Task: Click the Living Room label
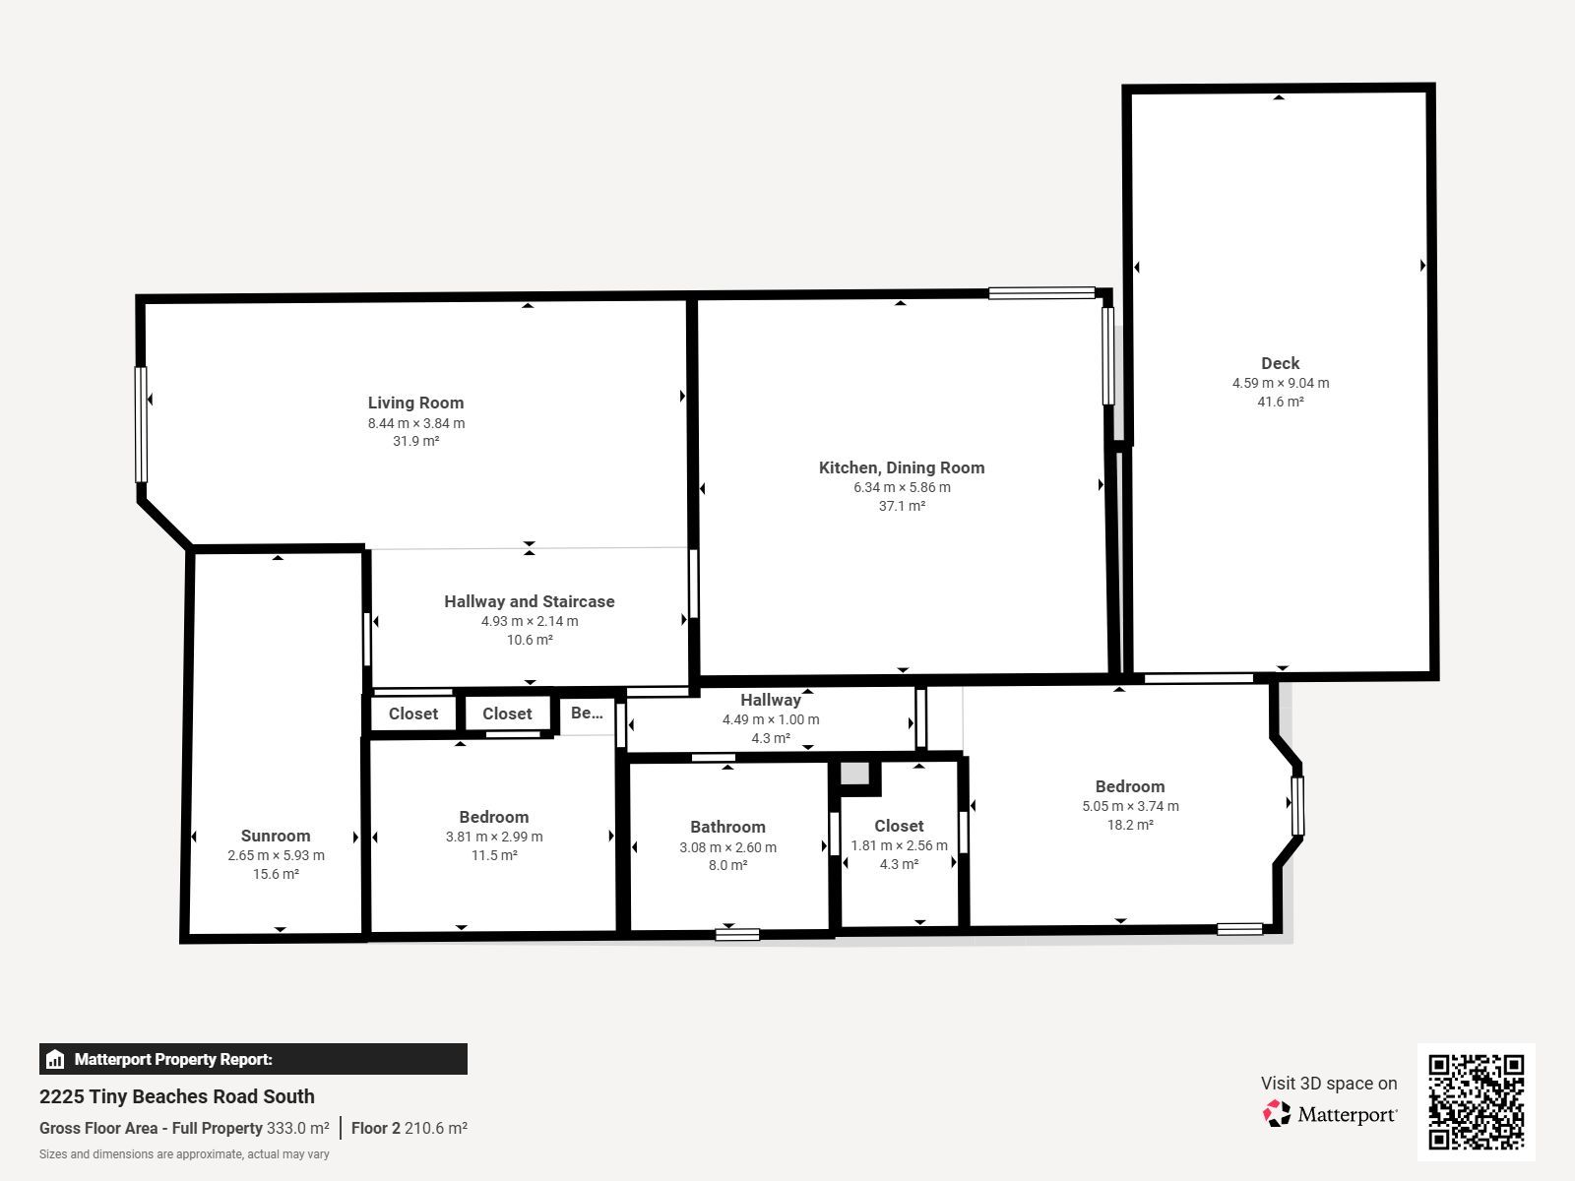[x=415, y=403]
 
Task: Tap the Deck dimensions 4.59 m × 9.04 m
[x=1280, y=383]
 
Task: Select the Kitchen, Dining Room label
[x=902, y=467]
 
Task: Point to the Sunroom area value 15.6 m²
[x=276, y=874]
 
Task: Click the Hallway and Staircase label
[x=529, y=601]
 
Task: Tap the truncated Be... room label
[x=587, y=713]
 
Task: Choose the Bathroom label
[x=727, y=827]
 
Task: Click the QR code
[x=1476, y=1102]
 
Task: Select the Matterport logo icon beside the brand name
[x=1277, y=1114]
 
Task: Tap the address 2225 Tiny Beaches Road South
[x=176, y=1096]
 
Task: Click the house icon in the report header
[x=54, y=1059]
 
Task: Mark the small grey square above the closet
[x=854, y=773]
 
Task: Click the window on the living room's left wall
[x=142, y=424]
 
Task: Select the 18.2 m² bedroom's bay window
[x=1297, y=806]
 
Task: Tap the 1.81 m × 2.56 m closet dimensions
[x=899, y=845]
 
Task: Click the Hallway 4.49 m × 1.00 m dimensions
[x=771, y=719]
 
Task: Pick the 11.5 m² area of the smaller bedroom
[x=494, y=855]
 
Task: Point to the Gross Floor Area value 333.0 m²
[x=298, y=1128]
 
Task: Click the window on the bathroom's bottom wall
[x=737, y=934]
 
